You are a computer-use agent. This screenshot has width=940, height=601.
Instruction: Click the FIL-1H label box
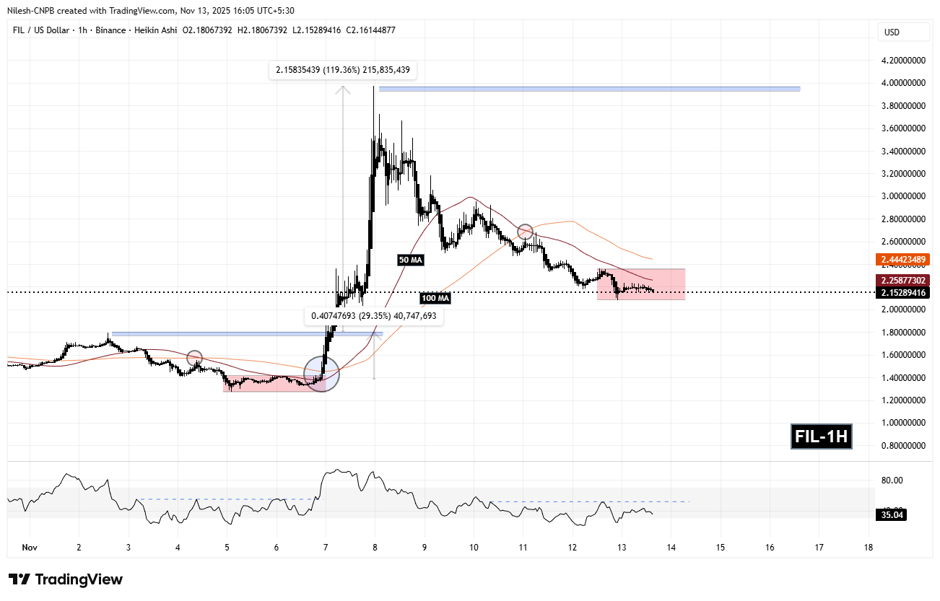821,437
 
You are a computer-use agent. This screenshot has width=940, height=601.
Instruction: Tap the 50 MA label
409,259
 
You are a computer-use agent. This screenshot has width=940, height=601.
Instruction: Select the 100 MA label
435,298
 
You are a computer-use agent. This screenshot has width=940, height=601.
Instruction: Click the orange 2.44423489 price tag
902,259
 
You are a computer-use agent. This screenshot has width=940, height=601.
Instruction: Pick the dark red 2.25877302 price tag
902,280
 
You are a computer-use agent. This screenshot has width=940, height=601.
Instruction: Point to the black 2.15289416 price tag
902,292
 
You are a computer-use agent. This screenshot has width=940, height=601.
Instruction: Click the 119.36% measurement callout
343,71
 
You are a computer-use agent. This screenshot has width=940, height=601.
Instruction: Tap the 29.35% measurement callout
373,316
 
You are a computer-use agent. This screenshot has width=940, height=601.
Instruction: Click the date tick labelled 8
375,548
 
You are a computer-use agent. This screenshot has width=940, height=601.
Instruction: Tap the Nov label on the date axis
29,548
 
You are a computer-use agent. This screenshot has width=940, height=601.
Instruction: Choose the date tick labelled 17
819,548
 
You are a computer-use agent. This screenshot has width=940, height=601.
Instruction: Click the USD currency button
892,32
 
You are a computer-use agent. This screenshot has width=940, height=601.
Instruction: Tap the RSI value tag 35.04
890,514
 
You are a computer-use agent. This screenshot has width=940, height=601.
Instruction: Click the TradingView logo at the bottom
66,579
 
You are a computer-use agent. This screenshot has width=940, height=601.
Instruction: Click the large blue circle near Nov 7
321,374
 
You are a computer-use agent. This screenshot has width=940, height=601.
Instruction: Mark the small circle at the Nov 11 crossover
525,232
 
